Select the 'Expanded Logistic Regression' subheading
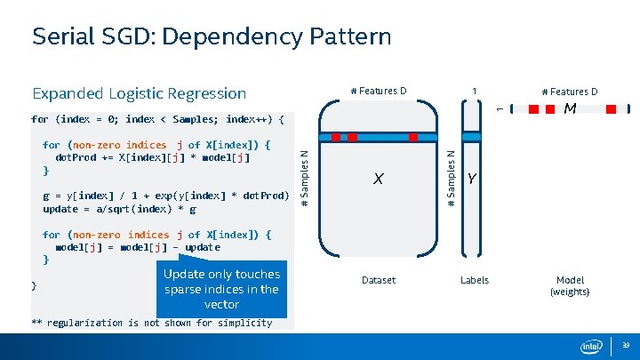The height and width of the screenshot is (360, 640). click(x=139, y=93)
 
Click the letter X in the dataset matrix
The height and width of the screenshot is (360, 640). click(x=379, y=180)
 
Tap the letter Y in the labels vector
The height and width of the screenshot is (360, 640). click(x=472, y=180)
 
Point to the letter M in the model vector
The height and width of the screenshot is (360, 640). click(x=570, y=108)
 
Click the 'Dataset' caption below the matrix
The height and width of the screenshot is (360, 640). click(x=378, y=280)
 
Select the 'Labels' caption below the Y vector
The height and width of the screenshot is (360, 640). click(x=474, y=280)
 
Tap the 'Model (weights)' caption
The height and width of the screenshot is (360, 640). click(x=570, y=285)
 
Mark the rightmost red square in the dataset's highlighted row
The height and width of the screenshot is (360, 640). click(x=413, y=137)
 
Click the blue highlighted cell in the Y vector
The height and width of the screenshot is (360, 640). click(x=472, y=136)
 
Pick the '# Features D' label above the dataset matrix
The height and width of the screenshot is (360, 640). click(x=378, y=91)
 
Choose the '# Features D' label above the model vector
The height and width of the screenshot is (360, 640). click(x=570, y=91)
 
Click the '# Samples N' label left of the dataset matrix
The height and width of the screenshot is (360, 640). click(x=305, y=179)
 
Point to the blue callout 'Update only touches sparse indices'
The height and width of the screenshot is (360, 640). click(x=221, y=289)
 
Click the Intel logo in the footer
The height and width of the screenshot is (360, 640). click(x=590, y=346)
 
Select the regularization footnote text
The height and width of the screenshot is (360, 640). click(x=151, y=323)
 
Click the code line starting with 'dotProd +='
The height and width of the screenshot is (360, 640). click(x=153, y=157)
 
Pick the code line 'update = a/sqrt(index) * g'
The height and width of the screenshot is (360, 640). click(x=119, y=209)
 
